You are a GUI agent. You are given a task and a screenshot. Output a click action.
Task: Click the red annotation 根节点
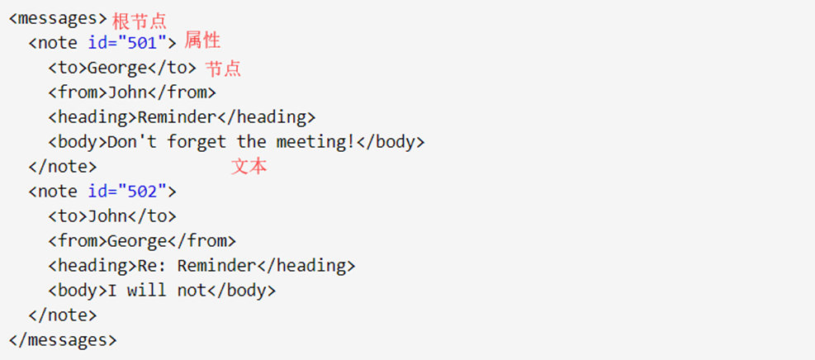coord(139,21)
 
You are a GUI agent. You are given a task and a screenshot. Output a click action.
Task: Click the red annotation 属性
coord(202,41)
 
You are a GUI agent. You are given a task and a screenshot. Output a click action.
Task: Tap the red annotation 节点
coord(223,69)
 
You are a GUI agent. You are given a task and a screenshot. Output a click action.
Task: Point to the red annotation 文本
coord(249,166)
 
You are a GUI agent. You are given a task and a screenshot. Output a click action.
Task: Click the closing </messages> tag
coord(63,339)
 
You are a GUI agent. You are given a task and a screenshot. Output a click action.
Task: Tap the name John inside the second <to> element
coord(107,216)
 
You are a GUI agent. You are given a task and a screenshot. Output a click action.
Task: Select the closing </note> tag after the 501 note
coord(63,166)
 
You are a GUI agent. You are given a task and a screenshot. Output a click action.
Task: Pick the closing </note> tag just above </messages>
coord(63,315)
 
